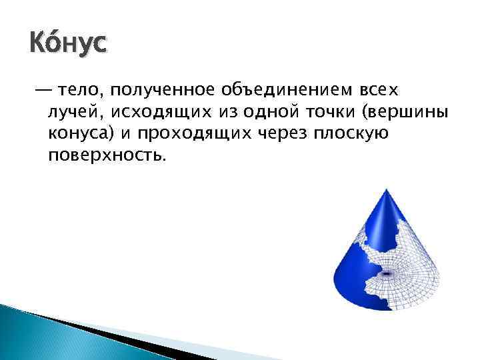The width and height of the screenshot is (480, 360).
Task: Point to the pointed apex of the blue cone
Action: click(385, 191)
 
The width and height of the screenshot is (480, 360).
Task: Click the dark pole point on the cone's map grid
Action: click(386, 273)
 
